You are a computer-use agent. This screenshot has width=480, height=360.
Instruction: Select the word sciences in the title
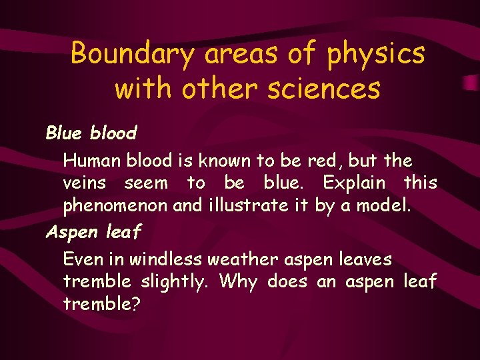tap(323, 87)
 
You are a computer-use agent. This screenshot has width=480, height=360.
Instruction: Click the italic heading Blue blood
tap(91, 133)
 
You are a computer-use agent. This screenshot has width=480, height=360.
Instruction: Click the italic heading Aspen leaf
tap(93, 231)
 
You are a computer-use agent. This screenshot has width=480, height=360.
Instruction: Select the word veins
tap(85, 183)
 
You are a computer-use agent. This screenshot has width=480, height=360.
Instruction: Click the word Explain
tap(354, 182)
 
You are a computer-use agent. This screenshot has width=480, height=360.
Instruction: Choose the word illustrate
tap(246, 205)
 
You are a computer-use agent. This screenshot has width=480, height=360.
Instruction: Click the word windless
tap(164, 259)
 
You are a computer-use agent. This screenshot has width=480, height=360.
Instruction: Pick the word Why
tap(238, 282)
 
